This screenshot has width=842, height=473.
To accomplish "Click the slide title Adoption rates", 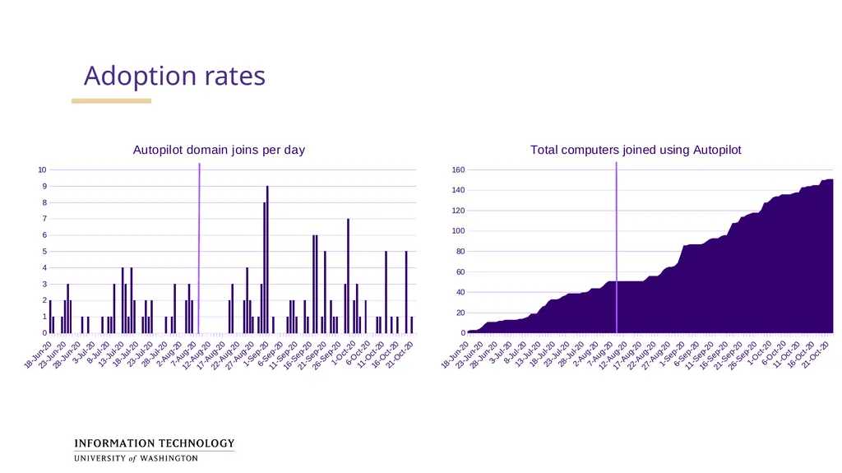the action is click(174, 76).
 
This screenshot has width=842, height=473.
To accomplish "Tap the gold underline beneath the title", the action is click(111, 100).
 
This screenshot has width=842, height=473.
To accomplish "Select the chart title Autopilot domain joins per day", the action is click(219, 150).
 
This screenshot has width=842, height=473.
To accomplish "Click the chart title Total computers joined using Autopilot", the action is click(636, 150).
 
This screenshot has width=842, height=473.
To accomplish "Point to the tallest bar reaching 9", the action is click(267, 260).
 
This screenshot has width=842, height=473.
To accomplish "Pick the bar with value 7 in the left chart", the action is click(348, 276).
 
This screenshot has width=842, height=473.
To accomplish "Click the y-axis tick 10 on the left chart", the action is click(43, 169).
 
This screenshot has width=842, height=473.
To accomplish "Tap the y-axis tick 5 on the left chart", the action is click(44, 252).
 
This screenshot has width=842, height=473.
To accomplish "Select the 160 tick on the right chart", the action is click(458, 169).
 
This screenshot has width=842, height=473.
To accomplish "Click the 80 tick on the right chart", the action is click(460, 252).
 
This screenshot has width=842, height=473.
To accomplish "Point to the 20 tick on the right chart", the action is click(460, 313).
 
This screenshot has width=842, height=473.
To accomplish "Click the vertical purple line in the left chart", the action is click(199, 248).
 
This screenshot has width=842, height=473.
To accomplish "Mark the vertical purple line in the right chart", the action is click(617, 248).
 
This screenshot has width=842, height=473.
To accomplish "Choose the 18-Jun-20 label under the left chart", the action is click(38, 355).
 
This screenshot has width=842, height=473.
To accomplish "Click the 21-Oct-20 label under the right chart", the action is click(816, 355).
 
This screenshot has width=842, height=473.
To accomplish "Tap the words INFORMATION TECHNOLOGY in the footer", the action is click(155, 443).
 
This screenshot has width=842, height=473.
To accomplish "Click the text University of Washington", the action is click(136, 458).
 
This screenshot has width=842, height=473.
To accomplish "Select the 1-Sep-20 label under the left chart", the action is click(256, 353).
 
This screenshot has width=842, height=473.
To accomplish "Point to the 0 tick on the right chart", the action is click(463, 333).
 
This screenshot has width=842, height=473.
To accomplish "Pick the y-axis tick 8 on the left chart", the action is click(44, 202).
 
